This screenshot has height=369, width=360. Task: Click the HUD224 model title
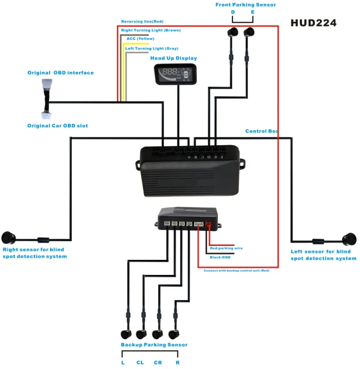click(313, 23)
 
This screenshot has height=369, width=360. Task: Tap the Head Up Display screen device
click(176, 73)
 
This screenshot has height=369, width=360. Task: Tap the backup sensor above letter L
click(127, 334)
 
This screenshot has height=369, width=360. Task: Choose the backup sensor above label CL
click(142, 334)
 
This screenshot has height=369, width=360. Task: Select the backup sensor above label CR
click(158, 334)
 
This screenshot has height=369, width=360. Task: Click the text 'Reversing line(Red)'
click(142, 22)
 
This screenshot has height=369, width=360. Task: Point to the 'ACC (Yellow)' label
click(140, 38)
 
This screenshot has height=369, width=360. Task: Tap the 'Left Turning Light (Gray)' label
click(152, 48)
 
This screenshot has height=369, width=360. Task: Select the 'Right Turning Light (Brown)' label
click(150, 30)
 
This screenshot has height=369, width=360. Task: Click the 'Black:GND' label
click(221, 257)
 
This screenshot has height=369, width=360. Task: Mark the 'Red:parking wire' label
click(226, 248)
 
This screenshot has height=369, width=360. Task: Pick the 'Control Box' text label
click(261, 131)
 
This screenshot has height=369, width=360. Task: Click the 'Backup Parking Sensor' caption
click(154, 345)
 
